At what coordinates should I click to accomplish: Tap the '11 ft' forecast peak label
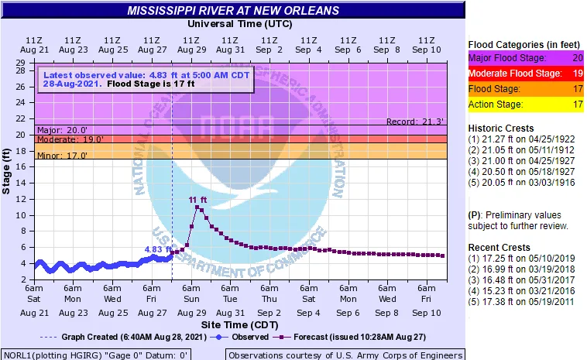pyautogui.click(x=198, y=200)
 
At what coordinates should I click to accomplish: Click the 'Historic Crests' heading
pyautogui.click(x=501, y=128)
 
